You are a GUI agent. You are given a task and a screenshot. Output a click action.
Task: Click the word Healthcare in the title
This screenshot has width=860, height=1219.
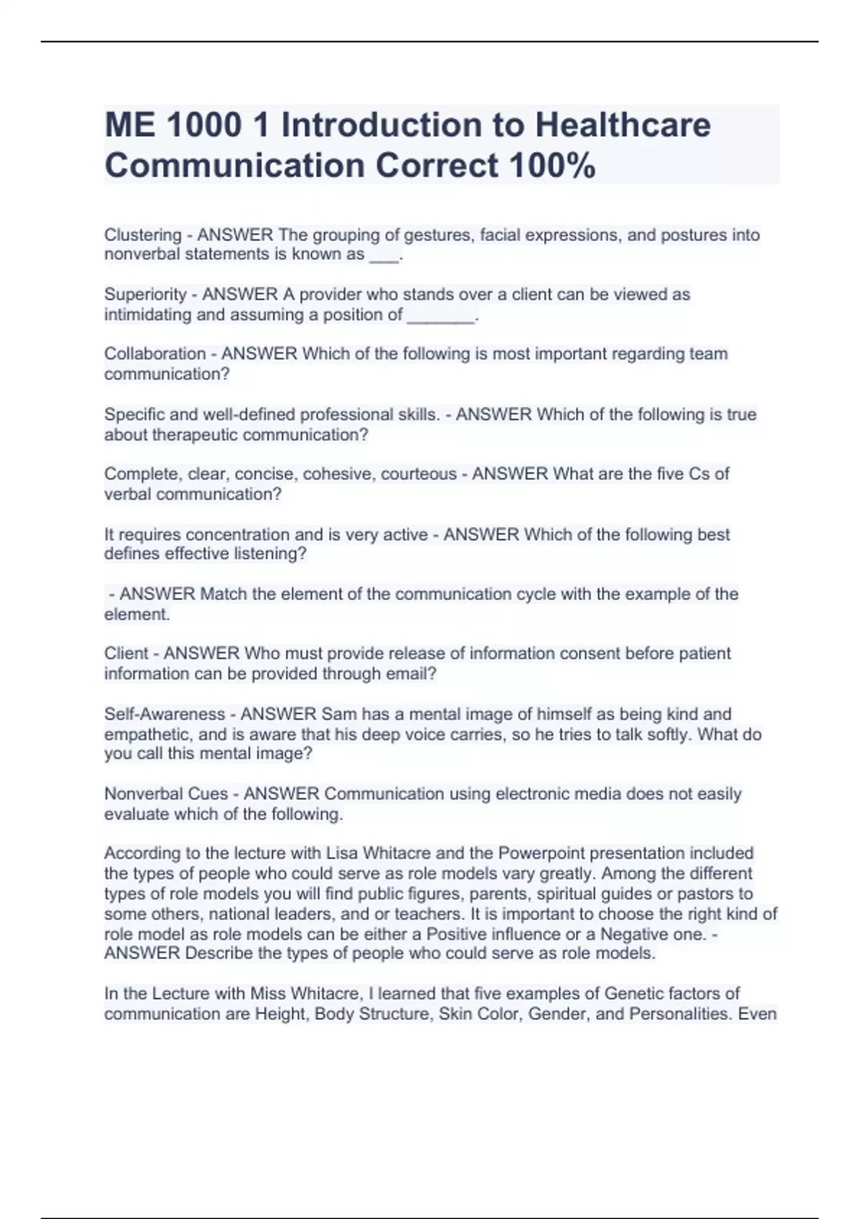point(623,125)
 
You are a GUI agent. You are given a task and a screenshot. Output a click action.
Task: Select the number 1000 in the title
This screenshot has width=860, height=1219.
point(204,125)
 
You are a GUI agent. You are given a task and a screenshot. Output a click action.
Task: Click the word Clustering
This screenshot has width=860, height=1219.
point(143,234)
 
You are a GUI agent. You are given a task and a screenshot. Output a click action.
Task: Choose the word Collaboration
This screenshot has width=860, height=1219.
point(155,354)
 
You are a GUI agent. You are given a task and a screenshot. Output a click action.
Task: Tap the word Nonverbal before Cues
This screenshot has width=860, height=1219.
point(135,794)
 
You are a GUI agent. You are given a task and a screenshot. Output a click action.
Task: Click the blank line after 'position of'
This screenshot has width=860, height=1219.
point(441,316)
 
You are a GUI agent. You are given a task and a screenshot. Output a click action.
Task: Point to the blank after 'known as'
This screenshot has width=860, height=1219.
point(383,255)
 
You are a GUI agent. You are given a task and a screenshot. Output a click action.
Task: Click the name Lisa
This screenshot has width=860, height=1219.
point(343,853)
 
